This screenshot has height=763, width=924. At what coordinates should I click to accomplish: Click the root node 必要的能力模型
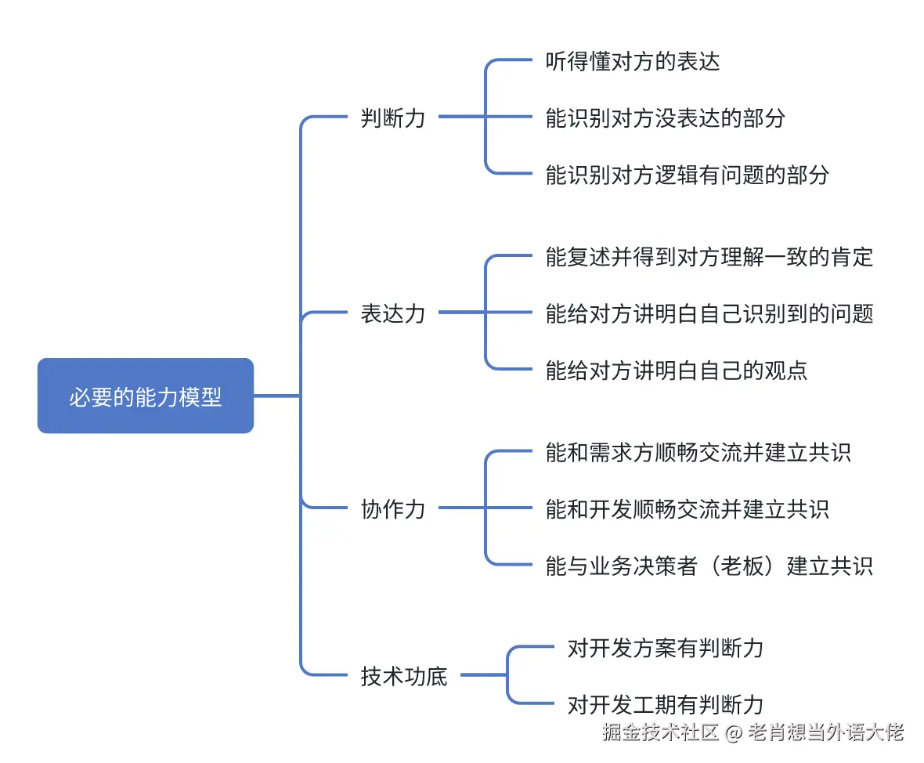pyautogui.click(x=146, y=396)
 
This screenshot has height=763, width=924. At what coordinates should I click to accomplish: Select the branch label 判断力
pyautogui.click(x=393, y=118)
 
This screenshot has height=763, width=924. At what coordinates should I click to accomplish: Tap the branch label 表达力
pyautogui.click(x=393, y=313)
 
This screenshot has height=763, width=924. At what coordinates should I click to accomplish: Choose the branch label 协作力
pyautogui.click(x=393, y=509)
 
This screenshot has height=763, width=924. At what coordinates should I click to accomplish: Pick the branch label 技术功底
pyautogui.click(x=404, y=675)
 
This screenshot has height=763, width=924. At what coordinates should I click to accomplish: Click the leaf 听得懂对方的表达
pyautogui.click(x=632, y=62)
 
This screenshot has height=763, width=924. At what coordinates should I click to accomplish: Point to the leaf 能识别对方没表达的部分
pyautogui.click(x=665, y=118)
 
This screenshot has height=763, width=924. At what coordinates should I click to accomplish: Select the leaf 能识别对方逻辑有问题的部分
pyautogui.click(x=687, y=174)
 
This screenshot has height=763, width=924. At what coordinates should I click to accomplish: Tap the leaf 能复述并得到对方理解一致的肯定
pyautogui.click(x=709, y=257)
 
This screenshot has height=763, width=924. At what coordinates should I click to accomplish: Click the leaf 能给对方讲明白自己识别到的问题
pyautogui.click(x=709, y=313)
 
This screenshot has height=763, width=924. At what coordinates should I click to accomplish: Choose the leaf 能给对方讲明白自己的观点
pyautogui.click(x=676, y=370)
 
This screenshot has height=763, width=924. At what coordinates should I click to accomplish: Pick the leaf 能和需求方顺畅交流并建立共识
pyautogui.click(x=698, y=453)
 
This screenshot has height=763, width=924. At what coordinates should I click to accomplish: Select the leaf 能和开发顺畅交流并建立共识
pyautogui.click(x=687, y=509)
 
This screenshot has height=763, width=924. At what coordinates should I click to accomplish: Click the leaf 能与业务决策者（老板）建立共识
pyautogui.click(x=709, y=566)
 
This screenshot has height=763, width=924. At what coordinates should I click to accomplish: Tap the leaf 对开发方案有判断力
pyautogui.click(x=665, y=648)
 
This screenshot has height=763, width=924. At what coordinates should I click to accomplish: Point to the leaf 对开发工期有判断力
pyautogui.click(x=665, y=704)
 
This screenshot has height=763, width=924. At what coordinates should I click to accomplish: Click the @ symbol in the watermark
pyautogui.click(x=733, y=733)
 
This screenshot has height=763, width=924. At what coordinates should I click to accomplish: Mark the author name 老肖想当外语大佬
pyautogui.click(x=826, y=732)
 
